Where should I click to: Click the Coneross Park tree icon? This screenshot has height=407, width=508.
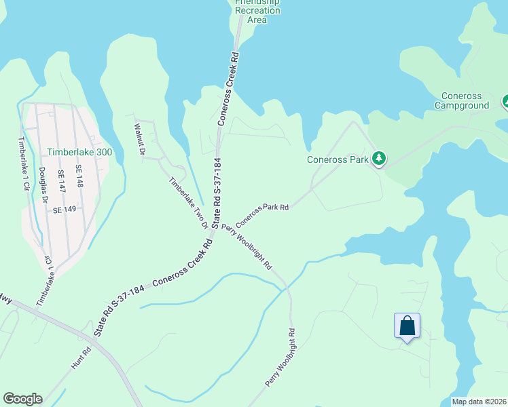[379, 159]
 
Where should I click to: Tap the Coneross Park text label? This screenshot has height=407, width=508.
[337, 160]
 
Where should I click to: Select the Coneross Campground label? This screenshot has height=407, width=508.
[461, 100]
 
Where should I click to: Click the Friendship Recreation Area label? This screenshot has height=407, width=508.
[257, 12]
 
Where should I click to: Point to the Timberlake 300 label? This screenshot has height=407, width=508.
[79, 153]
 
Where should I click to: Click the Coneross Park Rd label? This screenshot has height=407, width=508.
[262, 216]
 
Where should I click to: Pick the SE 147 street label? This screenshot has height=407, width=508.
[61, 184]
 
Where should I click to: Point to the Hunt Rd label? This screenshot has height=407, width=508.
[81, 360]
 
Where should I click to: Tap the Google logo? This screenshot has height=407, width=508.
[22, 399]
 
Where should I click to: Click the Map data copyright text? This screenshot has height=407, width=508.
[478, 402]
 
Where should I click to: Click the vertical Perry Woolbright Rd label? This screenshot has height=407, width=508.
[281, 359]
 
